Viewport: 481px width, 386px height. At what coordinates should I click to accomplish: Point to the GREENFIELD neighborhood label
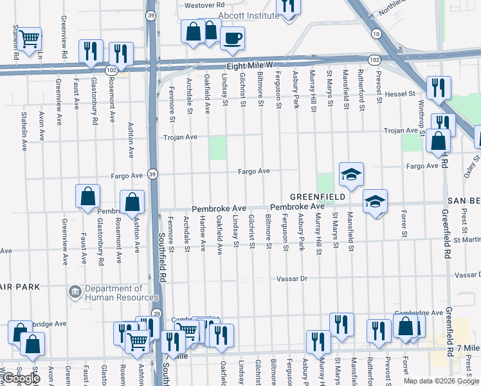tap(318, 196)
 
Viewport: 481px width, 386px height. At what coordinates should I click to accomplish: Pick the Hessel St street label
tap(399, 94)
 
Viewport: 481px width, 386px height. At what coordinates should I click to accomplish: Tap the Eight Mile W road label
tap(250, 66)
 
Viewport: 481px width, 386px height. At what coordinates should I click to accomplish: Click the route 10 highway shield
tap(376, 33)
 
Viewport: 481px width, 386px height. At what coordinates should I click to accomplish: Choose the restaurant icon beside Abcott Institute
tap(287, 6)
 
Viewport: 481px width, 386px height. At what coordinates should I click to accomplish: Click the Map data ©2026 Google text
tap(441, 380)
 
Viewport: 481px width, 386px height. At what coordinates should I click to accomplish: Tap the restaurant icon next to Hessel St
tap(439, 87)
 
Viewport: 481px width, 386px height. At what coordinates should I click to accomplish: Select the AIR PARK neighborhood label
tap(20, 286)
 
